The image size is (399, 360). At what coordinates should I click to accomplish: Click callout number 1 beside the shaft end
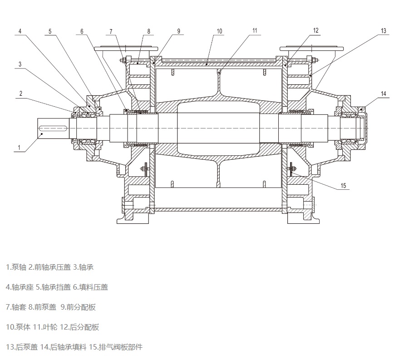[19, 147]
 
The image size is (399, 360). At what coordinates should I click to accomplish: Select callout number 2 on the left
[20, 93]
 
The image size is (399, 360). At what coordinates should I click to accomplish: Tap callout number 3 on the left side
[20, 64]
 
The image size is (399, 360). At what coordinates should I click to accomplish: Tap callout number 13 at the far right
[384, 31]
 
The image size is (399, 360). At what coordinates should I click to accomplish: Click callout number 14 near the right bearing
[384, 94]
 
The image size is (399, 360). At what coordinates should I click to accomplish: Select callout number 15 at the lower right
[344, 186]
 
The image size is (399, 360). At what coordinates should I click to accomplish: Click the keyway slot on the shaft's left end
[54, 128]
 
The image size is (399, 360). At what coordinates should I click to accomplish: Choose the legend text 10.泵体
[18, 327]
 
